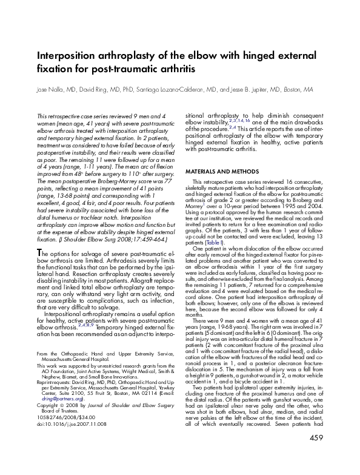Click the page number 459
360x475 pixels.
click(316, 455)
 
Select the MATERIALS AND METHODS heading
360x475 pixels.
click(215, 172)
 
